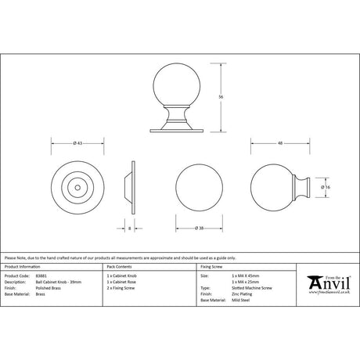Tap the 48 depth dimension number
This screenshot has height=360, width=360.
pyautogui.click(x=279, y=142)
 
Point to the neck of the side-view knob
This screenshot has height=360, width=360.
pyautogui.click(x=304, y=187)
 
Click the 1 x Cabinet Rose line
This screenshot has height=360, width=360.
pyautogui.click(x=121, y=283)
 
